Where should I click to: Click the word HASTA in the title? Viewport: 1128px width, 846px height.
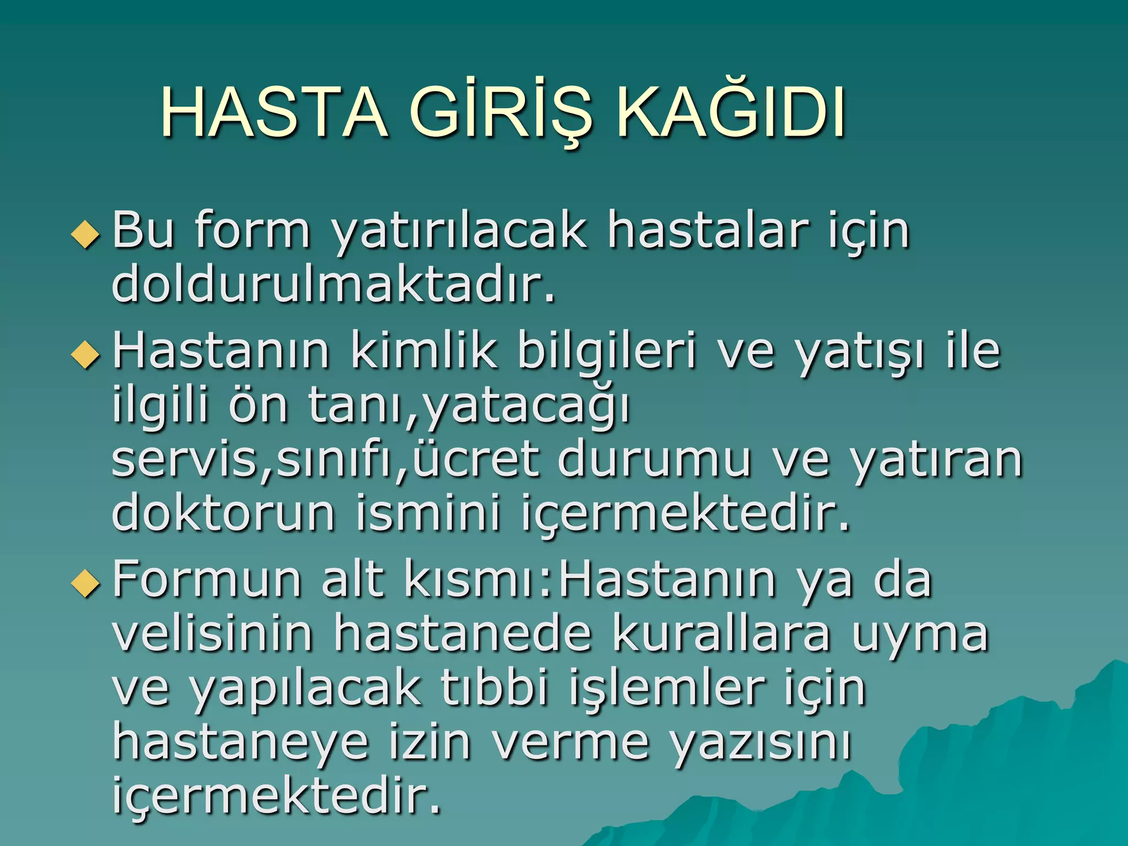click(274, 113)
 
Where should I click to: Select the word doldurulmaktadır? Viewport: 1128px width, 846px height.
click(333, 285)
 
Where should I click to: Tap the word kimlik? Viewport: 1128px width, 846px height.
click(423, 351)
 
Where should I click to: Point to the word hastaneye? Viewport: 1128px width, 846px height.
click(240, 744)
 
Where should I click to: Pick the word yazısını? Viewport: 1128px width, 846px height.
click(761, 744)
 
